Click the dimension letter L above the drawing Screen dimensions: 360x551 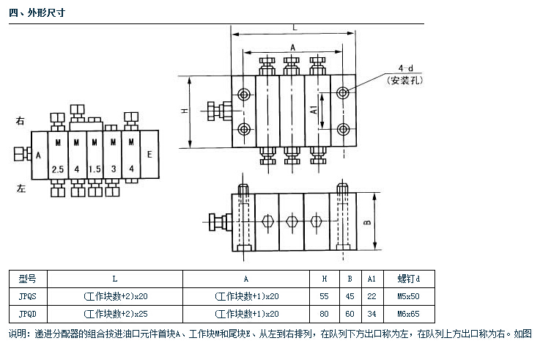click(294, 26)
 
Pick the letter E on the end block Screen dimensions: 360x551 click(149, 155)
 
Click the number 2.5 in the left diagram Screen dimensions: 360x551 click(59, 169)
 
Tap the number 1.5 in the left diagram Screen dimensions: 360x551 click(94, 169)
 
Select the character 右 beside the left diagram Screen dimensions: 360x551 click(20, 120)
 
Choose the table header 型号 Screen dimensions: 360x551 click(26, 279)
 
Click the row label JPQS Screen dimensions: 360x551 click(26, 296)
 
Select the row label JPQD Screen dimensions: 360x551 click(26, 314)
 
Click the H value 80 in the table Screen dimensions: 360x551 click(325, 314)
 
